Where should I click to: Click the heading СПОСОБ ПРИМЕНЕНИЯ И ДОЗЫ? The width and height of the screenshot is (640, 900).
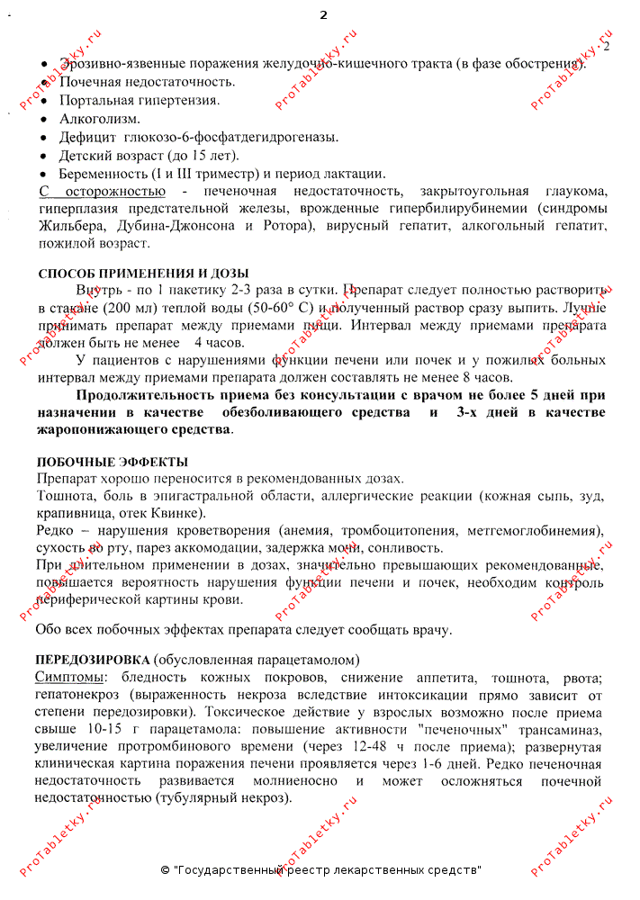143,274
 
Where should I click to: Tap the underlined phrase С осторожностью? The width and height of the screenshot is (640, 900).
102,191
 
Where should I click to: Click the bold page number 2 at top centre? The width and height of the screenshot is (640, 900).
323,14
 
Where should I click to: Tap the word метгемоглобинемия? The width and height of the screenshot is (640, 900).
532,530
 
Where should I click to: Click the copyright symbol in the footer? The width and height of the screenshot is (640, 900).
165,870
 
